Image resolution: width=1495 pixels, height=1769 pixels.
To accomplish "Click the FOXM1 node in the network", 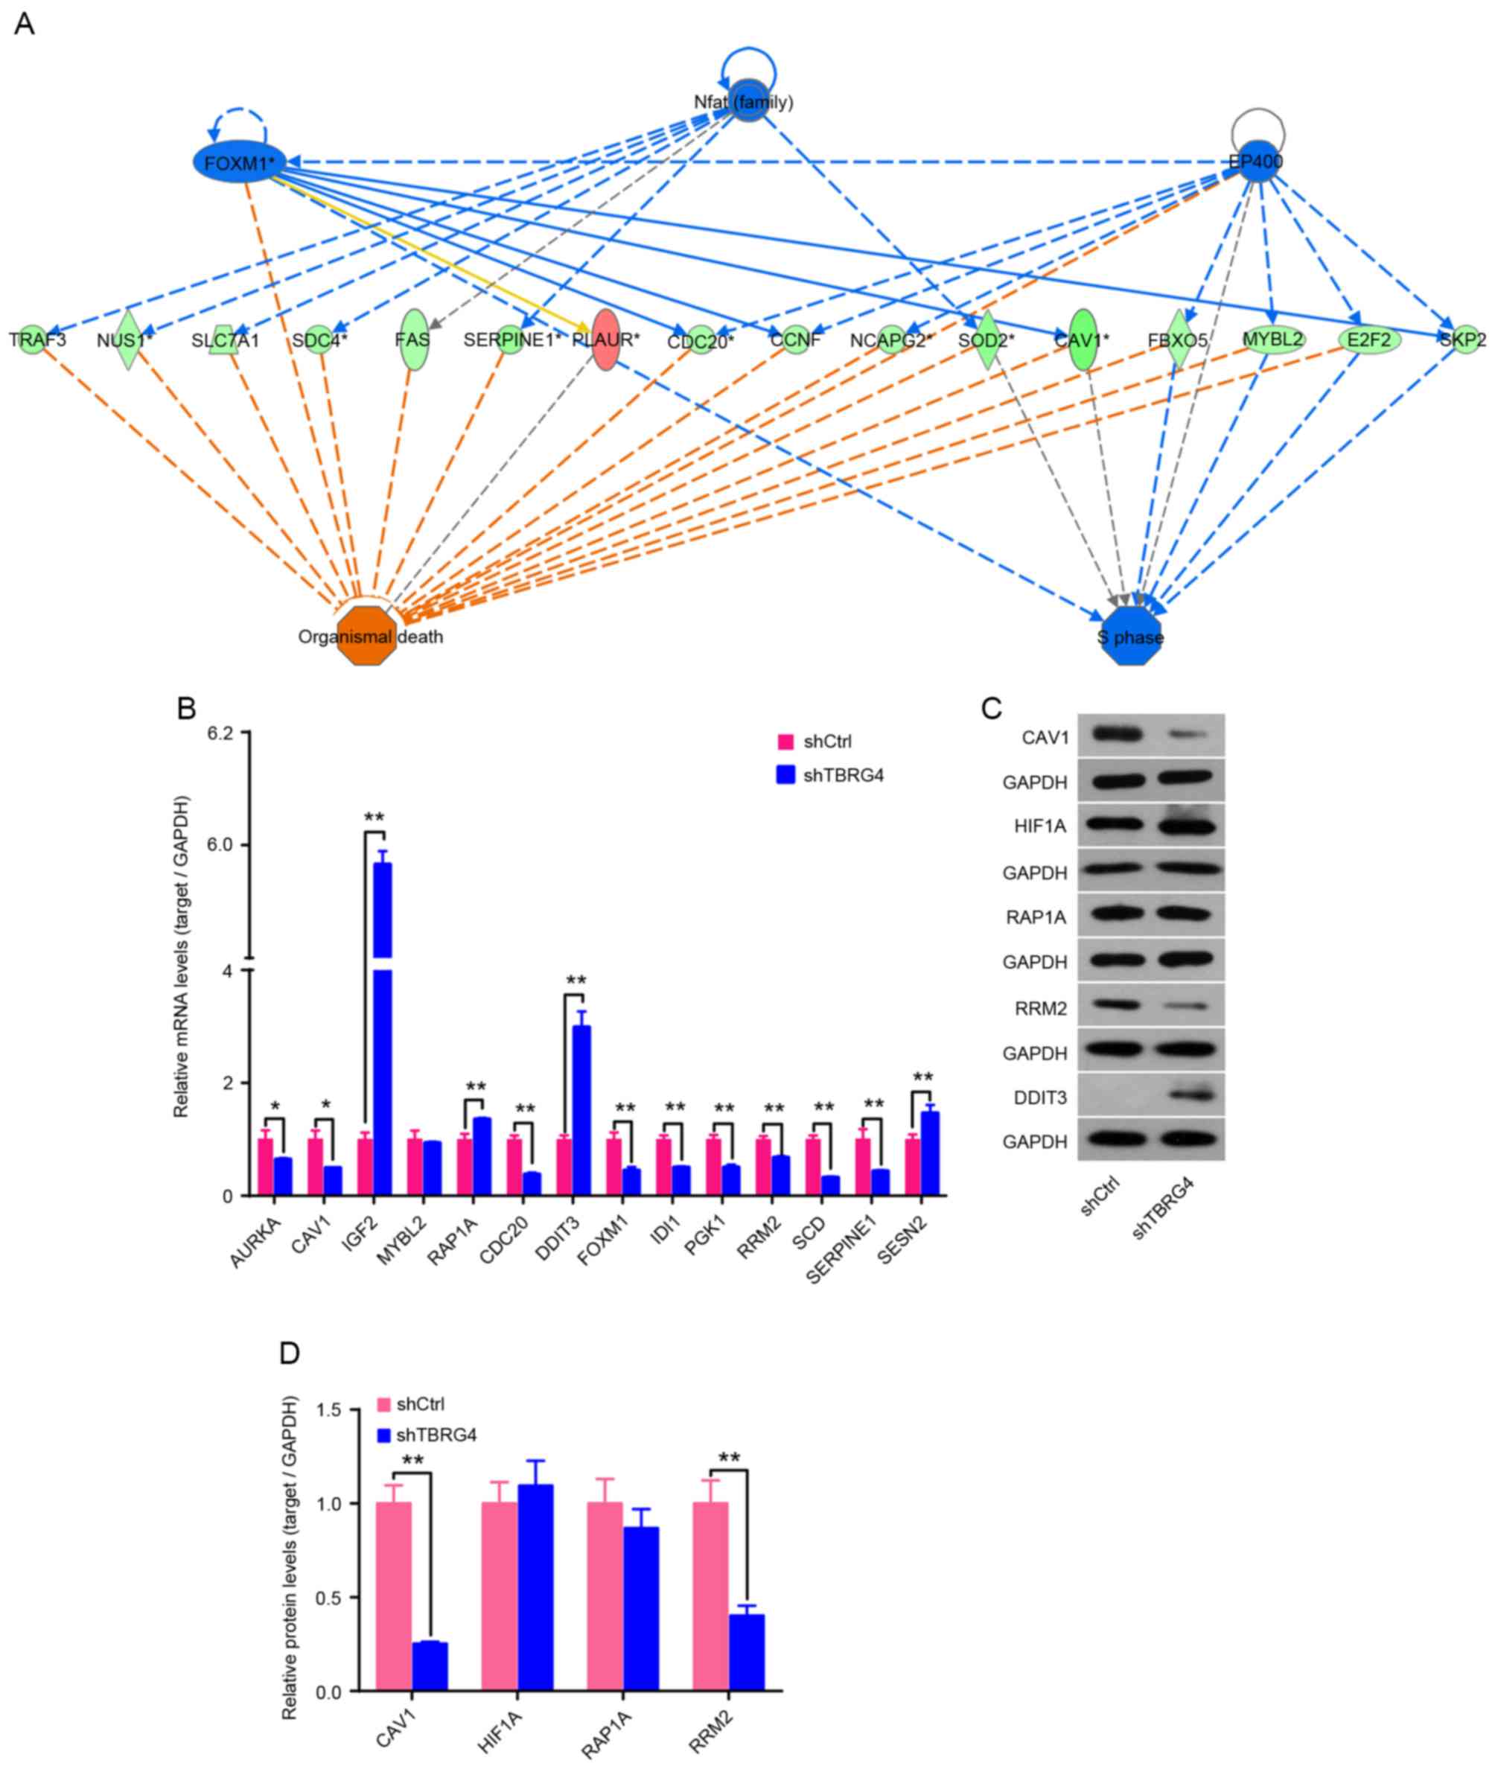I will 238,162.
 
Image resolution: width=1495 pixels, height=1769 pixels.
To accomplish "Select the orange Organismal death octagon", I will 366,636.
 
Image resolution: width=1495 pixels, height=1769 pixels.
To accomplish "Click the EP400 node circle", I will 1257,161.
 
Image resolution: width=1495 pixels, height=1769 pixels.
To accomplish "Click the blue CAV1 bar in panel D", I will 430,1666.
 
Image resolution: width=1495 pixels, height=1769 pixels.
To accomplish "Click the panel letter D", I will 290,1352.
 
